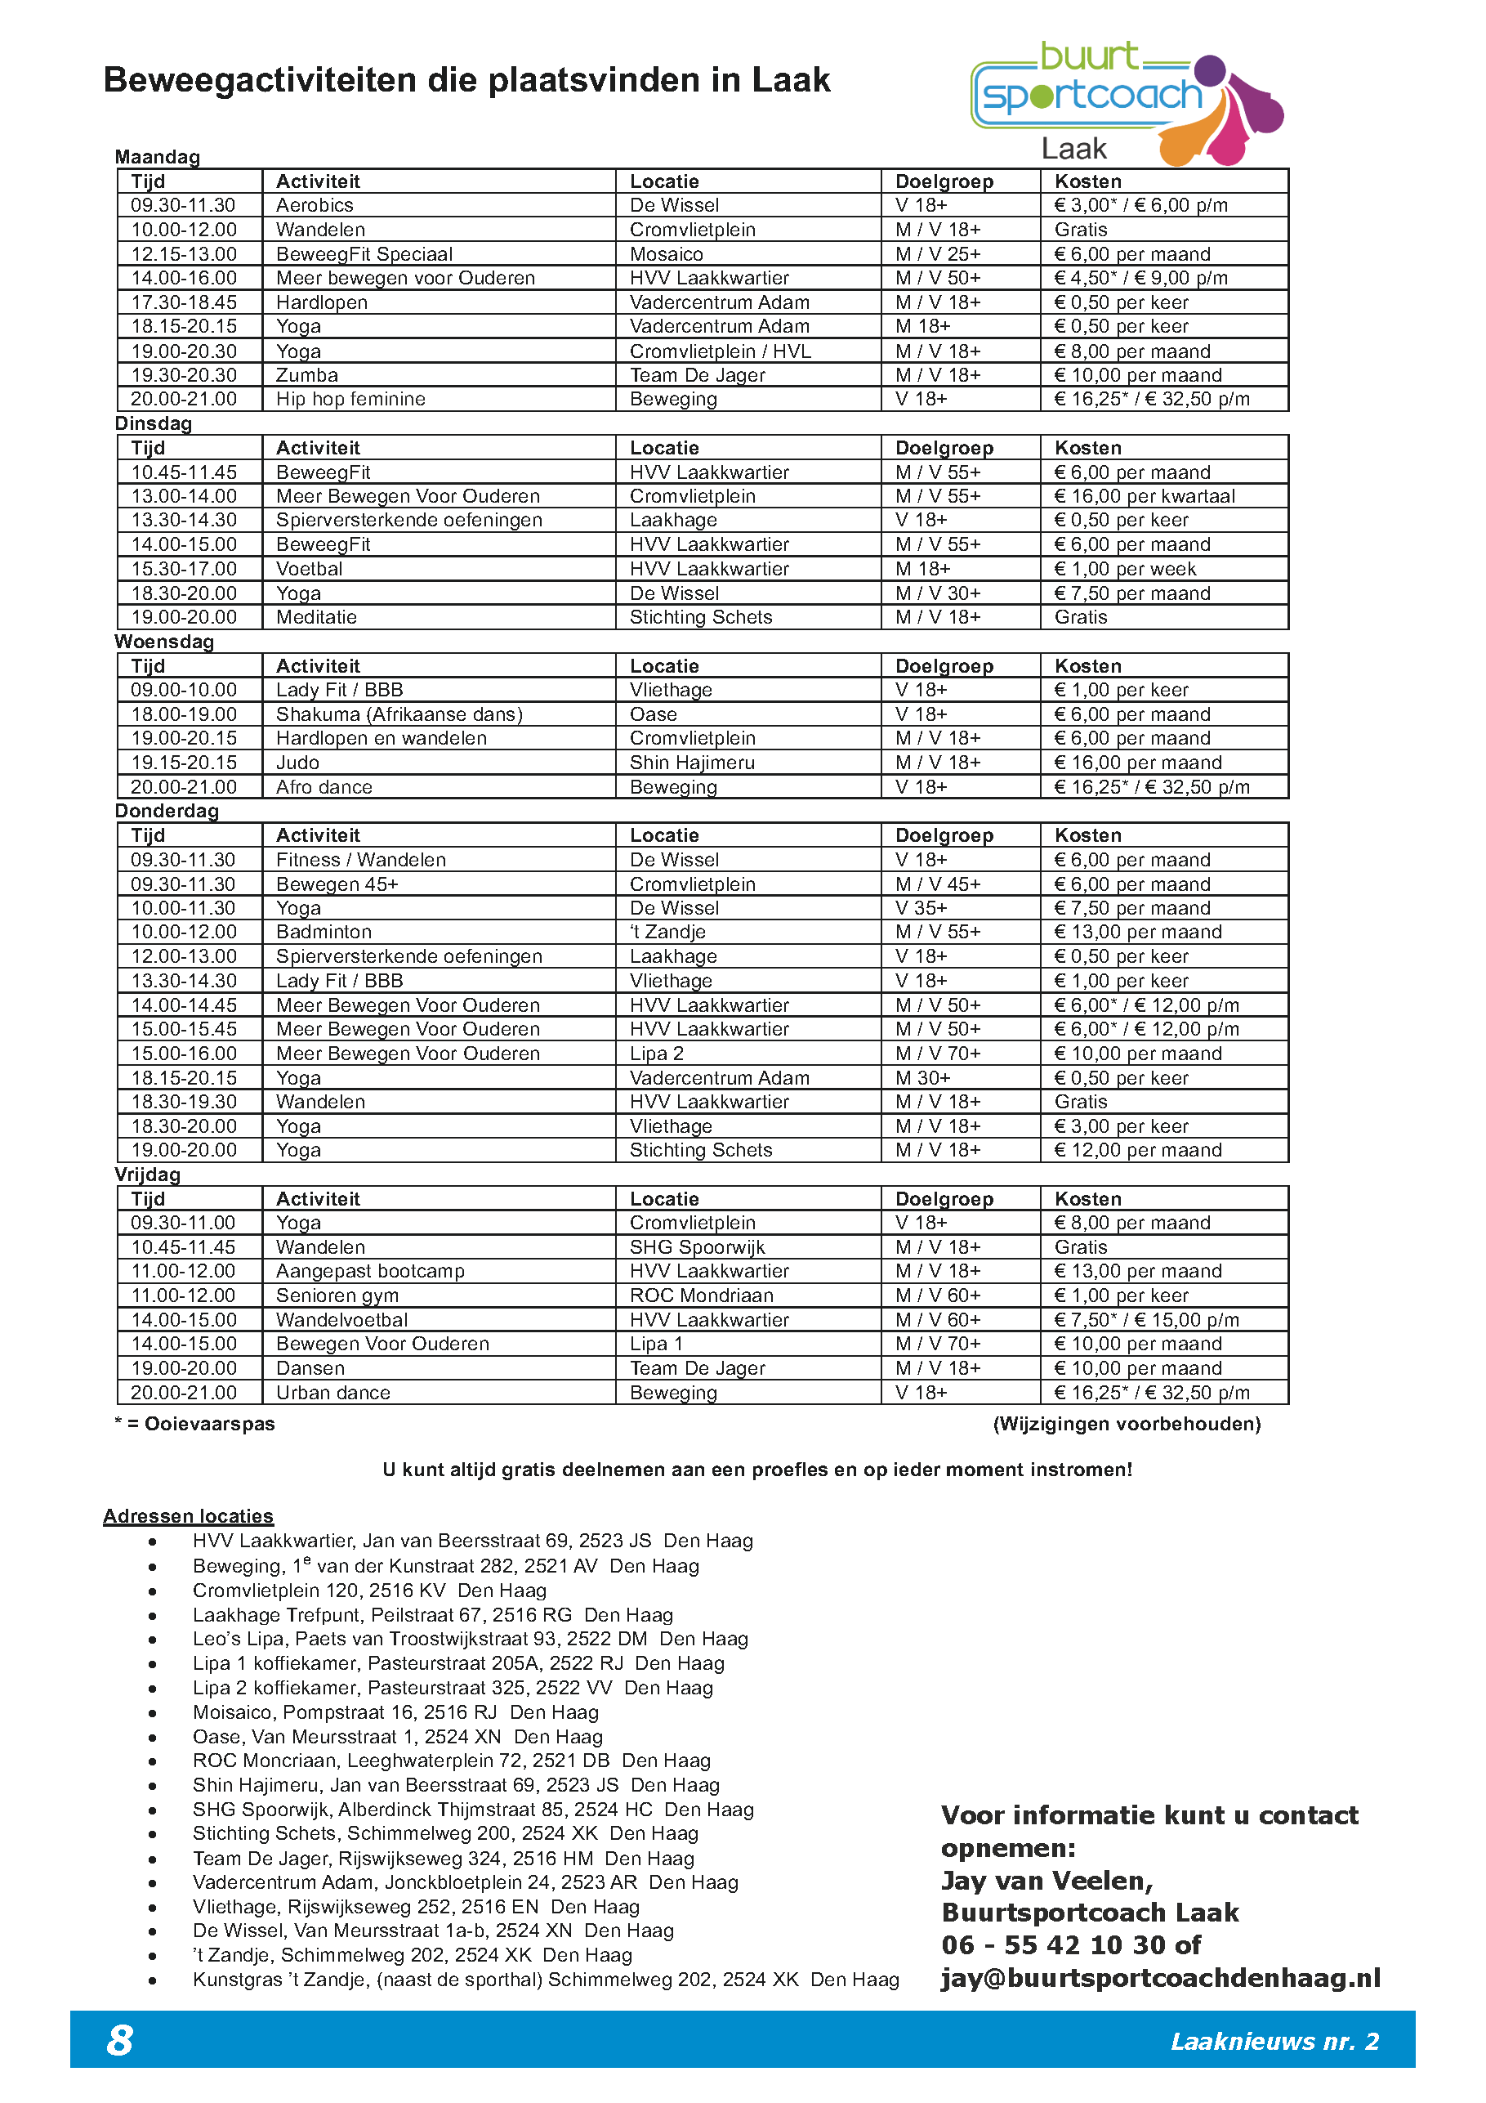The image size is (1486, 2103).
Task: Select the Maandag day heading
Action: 158,157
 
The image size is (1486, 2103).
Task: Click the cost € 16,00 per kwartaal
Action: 1144,496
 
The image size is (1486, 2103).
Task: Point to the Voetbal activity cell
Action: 310,569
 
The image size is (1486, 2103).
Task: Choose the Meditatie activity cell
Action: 316,617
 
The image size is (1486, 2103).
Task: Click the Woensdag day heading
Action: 164,641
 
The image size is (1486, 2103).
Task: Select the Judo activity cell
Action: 297,762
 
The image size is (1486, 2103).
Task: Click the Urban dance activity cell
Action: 333,1392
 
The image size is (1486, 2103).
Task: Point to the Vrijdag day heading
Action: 147,1175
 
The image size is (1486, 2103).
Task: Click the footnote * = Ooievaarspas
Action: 195,1423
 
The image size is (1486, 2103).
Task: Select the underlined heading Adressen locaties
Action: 188,1516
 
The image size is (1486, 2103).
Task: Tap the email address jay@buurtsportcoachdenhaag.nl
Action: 1160,1979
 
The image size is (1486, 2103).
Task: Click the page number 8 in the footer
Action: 120,2041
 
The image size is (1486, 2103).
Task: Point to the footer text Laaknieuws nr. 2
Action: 1274,2042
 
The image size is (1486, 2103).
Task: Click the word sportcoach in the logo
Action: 1091,96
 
